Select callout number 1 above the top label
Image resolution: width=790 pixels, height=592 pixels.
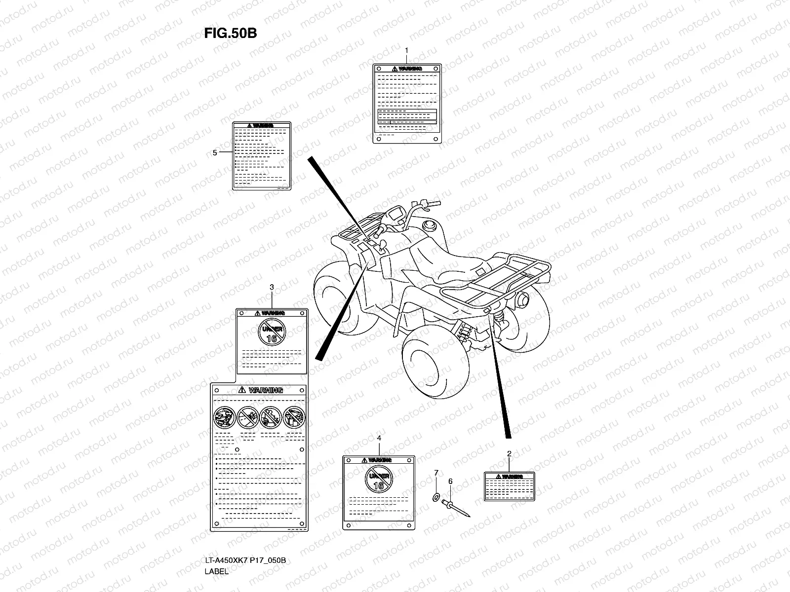[x=406, y=50]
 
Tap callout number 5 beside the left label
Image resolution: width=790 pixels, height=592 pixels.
[x=215, y=153]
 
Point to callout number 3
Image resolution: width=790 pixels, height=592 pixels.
[x=272, y=287]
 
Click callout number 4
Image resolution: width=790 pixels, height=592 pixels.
[x=379, y=438]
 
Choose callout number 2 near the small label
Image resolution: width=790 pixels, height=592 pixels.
[x=509, y=453]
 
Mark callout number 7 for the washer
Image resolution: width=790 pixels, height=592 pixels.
[x=436, y=473]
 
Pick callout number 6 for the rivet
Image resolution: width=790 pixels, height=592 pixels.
[x=450, y=481]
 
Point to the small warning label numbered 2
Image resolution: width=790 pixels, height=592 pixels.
[x=509, y=486]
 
